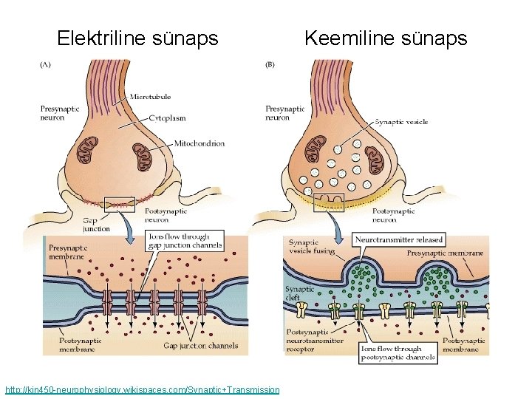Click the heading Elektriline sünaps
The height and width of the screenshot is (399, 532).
137,38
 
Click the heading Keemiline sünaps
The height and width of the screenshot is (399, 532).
386,38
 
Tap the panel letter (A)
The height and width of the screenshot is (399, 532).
45,64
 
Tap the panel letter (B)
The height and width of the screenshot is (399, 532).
270,64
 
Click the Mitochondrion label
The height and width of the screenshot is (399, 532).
199,143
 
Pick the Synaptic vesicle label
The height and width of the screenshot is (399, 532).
401,122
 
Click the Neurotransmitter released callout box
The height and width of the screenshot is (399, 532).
400,239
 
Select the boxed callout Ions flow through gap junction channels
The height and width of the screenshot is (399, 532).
185,241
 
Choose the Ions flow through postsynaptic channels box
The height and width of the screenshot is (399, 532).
397,353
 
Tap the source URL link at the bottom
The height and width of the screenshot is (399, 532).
142,389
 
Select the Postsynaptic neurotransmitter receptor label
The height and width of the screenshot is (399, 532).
310,341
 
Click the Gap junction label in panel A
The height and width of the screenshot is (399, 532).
96,225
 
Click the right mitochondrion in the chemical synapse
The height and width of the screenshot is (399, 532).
377,160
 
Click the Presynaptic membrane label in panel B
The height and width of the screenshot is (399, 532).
445,253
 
